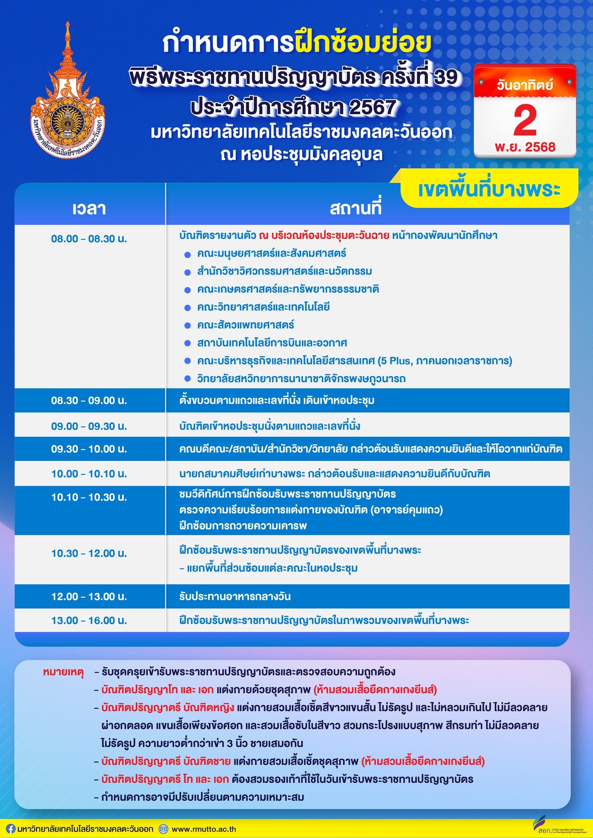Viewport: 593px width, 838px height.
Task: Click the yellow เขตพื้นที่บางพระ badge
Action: [x=489, y=189]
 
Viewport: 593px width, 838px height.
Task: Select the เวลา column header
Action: [x=89, y=208]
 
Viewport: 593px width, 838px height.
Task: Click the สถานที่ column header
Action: [x=355, y=208]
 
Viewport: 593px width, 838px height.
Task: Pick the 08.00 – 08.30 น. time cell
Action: [x=89, y=239]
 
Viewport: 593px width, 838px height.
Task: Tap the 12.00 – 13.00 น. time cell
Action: [x=89, y=597]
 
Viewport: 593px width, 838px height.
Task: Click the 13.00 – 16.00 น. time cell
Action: [x=89, y=620]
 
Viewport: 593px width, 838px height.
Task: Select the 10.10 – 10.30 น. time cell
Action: [x=89, y=497]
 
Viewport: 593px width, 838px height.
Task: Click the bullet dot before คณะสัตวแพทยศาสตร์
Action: [x=188, y=326]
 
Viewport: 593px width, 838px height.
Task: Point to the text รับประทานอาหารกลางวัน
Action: [x=235, y=597]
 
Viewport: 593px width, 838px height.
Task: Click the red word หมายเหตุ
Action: [x=63, y=672]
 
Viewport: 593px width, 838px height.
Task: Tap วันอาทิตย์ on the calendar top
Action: [x=525, y=85]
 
